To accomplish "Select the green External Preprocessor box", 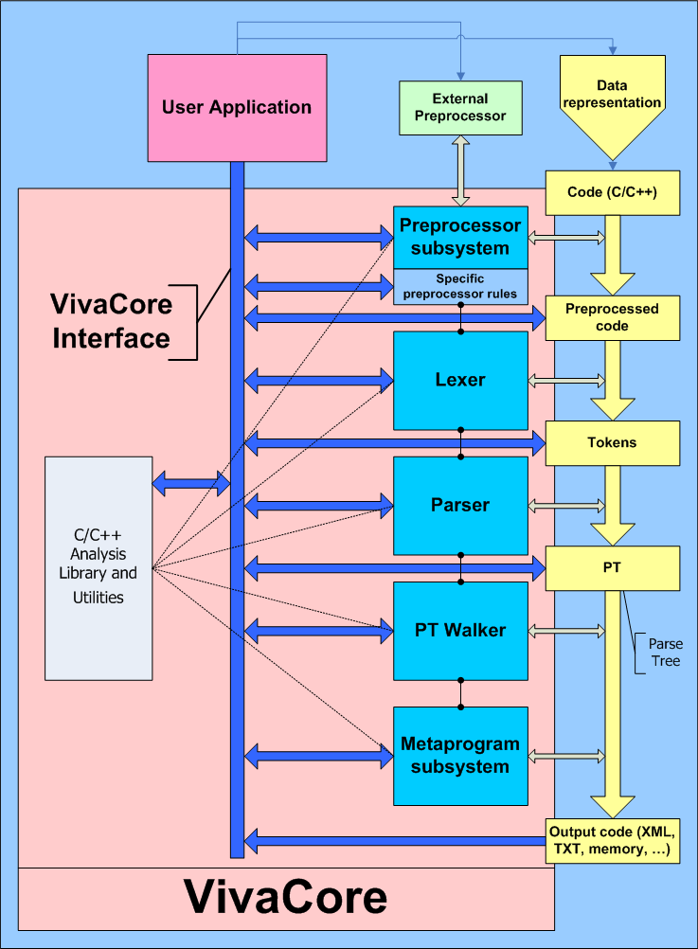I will (459, 107).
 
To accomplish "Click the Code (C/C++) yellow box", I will (612, 192).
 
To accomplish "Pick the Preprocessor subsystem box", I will (460, 237).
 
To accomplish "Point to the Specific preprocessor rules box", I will (460, 286).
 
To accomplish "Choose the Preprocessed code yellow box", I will (612, 317).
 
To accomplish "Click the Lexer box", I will (460, 380).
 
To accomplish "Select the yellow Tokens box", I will (612, 442).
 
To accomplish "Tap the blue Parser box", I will (460, 505).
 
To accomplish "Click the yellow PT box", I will (612, 566).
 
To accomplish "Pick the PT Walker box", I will (460, 630).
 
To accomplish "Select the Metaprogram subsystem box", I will (460, 756).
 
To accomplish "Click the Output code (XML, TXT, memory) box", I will (612, 840).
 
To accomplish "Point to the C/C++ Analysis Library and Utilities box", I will (98, 568).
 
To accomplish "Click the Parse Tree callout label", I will (664, 653).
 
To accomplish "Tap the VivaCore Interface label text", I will (112, 321).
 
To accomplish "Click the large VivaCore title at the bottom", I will (285, 896).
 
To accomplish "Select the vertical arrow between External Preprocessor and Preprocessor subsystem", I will (461, 170).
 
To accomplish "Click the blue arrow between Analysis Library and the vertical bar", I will (192, 484).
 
